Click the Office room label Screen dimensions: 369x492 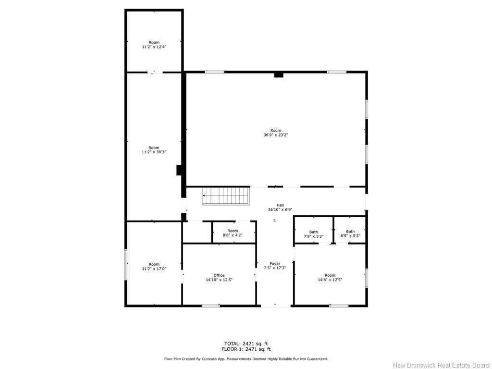(x=219, y=275)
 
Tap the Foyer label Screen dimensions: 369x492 (x=275, y=263)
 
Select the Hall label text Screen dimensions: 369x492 (x=280, y=205)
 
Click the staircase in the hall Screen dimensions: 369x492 (x=226, y=196)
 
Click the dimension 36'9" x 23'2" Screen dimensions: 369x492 (x=275, y=135)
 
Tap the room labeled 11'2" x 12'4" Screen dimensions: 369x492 (x=154, y=45)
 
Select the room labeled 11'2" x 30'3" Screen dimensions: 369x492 (x=154, y=150)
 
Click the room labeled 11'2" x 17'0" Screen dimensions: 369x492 (x=154, y=267)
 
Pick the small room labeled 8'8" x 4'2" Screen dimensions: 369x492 (x=233, y=233)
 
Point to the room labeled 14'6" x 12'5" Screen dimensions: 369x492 (x=330, y=278)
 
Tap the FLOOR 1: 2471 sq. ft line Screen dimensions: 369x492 (x=246, y=349)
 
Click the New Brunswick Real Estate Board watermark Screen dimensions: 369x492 (x=441, y=365)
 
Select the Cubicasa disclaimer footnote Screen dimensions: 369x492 (x=246, y=359)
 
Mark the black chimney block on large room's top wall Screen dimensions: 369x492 (x=279, y=74)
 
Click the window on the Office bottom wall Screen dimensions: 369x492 (x=210, y=306)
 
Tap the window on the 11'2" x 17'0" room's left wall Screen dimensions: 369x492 (x=126, y=264)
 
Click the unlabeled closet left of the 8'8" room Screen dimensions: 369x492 (x=197, y=232)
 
